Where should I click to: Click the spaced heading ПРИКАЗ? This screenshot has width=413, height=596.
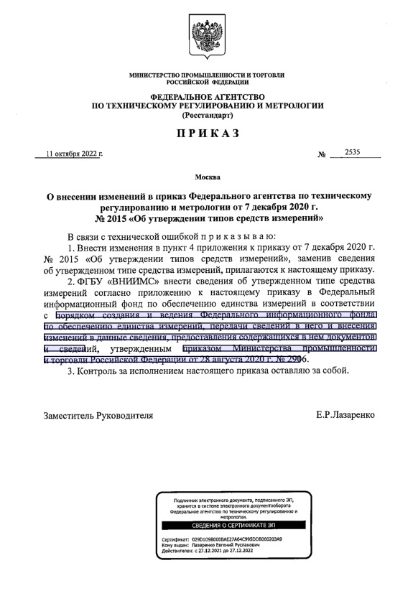[x=207, y=134]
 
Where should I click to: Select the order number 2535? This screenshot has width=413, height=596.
[x=352, y=152]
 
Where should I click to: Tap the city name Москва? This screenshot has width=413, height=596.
[x=207, y=176]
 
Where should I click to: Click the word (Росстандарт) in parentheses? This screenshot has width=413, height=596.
[x=207, y=115]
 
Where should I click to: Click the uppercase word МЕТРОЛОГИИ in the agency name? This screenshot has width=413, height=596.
[x=289, y=106]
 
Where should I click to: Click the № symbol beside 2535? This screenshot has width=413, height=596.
[x=321, y=154]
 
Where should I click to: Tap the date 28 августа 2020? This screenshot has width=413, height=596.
[x=234, y=359]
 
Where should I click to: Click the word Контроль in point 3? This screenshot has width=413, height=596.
[x=99, y=371]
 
